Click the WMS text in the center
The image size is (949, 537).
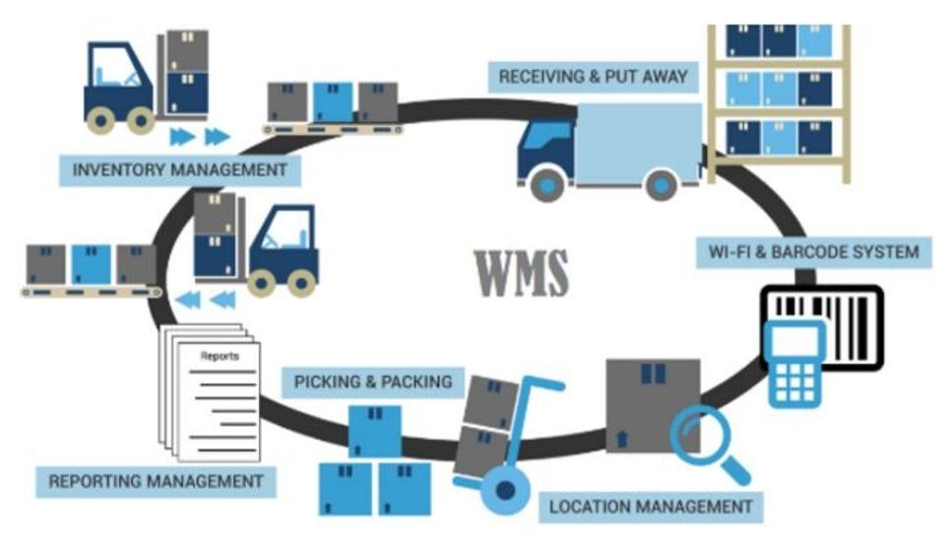point(522,272)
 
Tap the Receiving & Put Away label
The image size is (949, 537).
point(593,77)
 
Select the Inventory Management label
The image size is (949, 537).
point(180,170)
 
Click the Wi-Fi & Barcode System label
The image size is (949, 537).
point(813,252)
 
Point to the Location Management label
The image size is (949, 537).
point(650,507)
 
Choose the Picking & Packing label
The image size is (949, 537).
point(373,380)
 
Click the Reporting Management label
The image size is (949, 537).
point(156,482)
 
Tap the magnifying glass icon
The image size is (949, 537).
point(700,438)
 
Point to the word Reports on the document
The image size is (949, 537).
point(219,357)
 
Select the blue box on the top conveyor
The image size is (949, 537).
point(333,101)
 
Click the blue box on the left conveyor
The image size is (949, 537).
point(91,265)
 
